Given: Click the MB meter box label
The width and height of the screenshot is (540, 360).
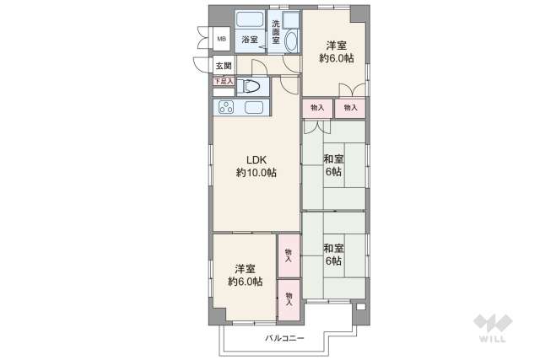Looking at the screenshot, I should [222, 39].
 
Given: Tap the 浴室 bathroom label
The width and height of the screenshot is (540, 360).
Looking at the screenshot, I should [250, 40].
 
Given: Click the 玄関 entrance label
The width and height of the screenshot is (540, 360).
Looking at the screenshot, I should [222, 66].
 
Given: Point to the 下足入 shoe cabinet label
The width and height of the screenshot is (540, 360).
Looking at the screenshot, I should [222, 81].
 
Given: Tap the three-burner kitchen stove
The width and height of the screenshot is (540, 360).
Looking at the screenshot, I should [226, 107].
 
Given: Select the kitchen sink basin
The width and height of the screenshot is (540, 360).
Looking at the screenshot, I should [255, 107].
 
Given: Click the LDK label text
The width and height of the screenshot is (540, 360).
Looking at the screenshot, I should [256, 159].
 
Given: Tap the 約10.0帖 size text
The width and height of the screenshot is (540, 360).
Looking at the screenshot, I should [256, 173].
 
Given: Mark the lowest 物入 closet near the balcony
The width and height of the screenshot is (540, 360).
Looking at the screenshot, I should [289, 298].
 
